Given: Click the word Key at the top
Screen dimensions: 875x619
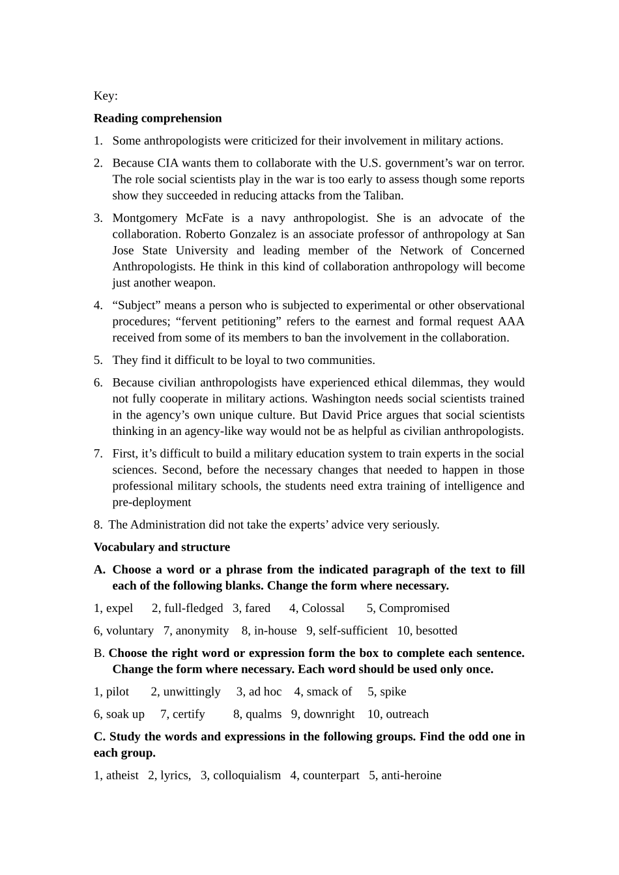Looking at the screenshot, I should (104, 96).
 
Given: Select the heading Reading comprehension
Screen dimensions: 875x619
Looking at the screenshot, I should (158, 118).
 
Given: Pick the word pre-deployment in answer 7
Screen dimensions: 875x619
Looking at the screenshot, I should (152, 502).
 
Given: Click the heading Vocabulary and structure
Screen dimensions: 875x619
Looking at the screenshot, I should (162, 547).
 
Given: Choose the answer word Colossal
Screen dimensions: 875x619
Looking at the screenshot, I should (323, 608).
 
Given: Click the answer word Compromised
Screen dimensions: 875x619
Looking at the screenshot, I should (414, 608).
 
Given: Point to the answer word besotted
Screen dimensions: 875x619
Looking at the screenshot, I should (436, 631).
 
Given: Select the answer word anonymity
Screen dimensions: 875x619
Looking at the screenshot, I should (202, 631).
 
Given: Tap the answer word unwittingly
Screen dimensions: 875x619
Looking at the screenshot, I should (192, 692).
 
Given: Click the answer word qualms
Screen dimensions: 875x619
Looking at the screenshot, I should (263, 714).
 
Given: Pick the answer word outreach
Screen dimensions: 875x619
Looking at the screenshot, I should (407, 714).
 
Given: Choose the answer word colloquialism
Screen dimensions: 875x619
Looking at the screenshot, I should (247, 775).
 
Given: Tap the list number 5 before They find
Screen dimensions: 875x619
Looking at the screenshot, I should (97, 360).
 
